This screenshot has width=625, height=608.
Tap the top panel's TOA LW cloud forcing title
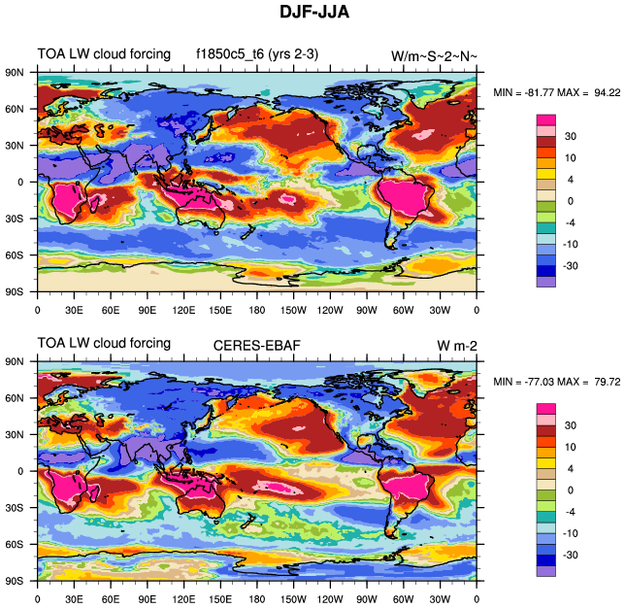pyautogui.click(x=104, y=54)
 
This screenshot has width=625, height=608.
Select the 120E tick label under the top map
pyautogui.click(x=183, y=310)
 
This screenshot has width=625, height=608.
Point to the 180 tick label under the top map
pyautogui.click(x=256, y=310)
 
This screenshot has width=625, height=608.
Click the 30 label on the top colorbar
pyautogui.click(x=570, y=136)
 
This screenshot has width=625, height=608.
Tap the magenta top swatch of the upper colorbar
pyautogui.click(x=546, y=118)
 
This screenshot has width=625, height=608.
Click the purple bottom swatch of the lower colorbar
pyautogui.click(x=546, y=571)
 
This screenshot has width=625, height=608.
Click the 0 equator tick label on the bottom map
pyautogui.click(x=20, y=471)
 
